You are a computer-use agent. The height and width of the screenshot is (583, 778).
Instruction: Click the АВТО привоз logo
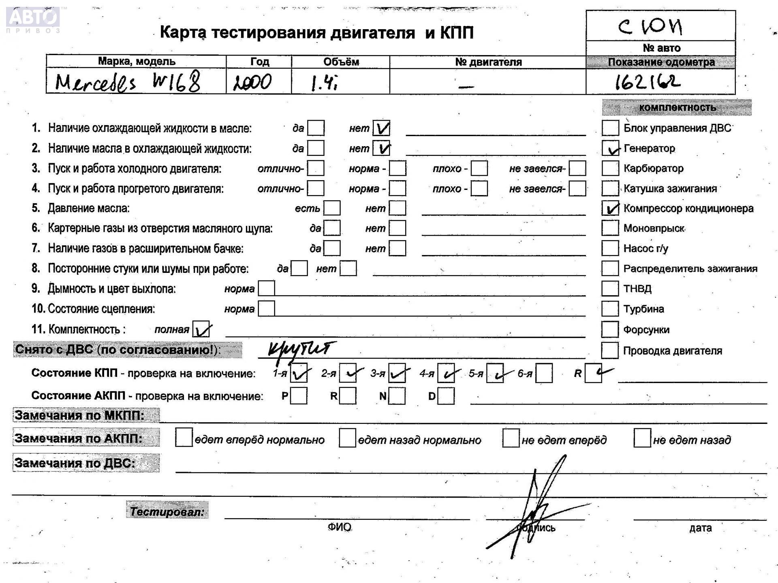click(33, 19)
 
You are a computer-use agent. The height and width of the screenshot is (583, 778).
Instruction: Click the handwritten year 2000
click(252, 83)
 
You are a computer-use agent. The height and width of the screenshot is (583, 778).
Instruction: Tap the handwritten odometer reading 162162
click(647, 82)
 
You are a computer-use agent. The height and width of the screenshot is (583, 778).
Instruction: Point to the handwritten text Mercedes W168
click(128, 82)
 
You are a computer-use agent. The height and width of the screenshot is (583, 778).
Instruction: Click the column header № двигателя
click(488, 62)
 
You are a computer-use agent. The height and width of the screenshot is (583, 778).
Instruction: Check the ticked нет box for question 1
click(381, 128)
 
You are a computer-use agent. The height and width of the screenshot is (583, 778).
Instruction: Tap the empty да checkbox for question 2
click(316, 148)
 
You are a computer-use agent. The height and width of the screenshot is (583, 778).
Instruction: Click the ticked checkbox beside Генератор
click(610, 149)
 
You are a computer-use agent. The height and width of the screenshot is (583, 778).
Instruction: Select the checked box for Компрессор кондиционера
click(610, 209)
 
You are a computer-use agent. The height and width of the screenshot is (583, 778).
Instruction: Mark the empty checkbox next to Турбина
click(610, 309)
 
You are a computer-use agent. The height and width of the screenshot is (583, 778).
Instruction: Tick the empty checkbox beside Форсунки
click(610, 330)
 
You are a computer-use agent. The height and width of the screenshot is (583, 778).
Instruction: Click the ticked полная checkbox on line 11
click(201, 329)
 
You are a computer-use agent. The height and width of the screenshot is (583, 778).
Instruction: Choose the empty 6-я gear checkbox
click(544, 373)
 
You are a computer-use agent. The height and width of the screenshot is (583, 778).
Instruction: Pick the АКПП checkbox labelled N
click(397, 396)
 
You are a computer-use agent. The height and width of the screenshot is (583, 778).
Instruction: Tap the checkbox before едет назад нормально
click(347, 438)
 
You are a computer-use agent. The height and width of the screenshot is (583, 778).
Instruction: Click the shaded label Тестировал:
click(167, 511)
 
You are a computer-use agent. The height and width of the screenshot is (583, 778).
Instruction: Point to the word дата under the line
click(700, 528)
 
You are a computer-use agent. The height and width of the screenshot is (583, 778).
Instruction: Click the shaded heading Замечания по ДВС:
click(75, 463)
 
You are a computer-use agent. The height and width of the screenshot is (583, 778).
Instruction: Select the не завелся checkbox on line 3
click(577, 168)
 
